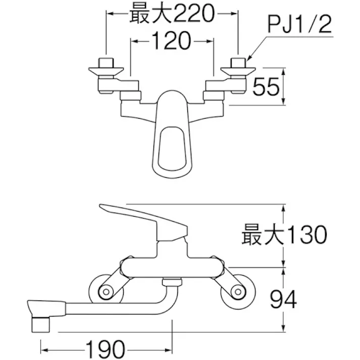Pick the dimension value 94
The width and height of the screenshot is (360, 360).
tap(280, 299)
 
